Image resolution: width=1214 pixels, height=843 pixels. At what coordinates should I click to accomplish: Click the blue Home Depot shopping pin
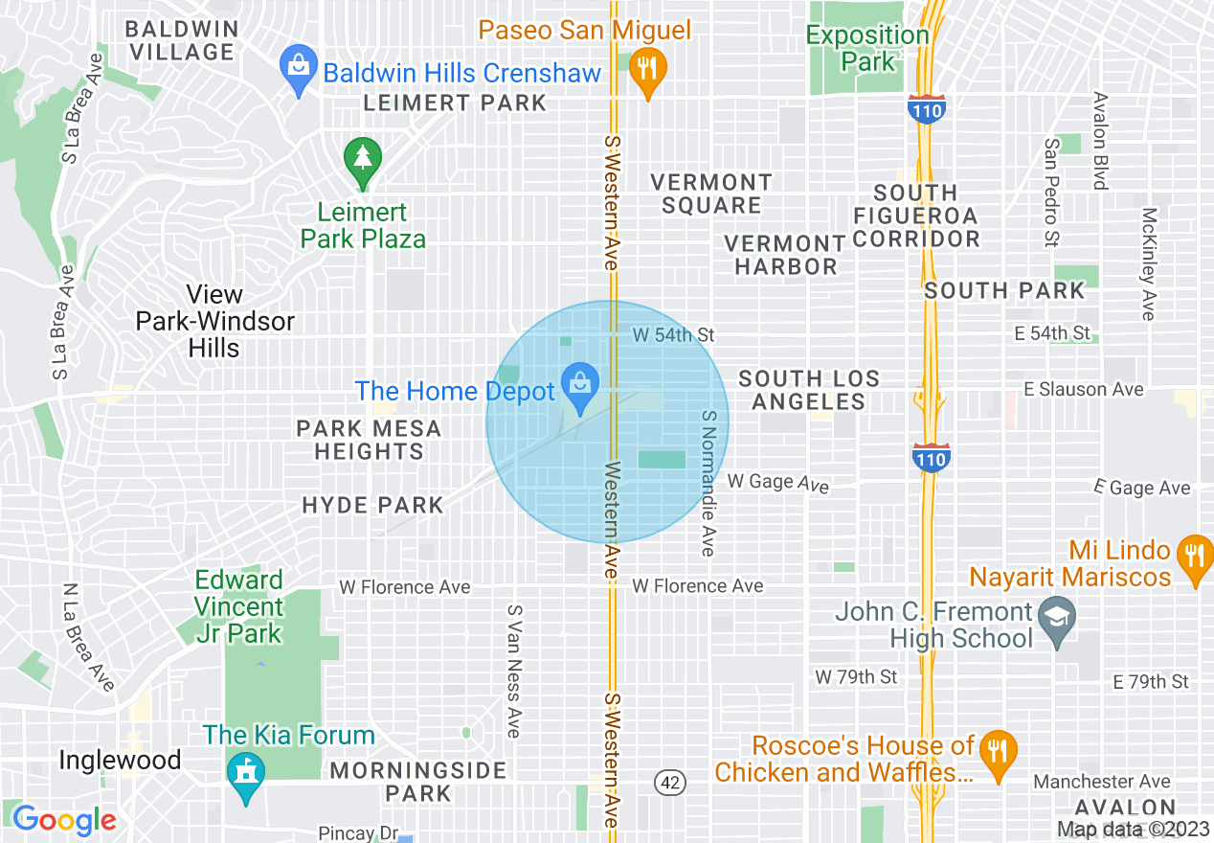pyautogui.click(x=579, y=385)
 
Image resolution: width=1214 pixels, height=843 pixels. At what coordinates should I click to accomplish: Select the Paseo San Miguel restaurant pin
pyautogui.click(x=648, y=71)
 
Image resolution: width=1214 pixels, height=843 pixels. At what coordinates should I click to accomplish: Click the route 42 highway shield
pyautogui.click(x=670, y=782)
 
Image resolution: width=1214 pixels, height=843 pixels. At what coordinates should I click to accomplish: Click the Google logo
pyautogui.click(x=64, y=820)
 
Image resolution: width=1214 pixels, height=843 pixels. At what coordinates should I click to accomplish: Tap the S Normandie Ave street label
pyautogui.click(x=708, y=484)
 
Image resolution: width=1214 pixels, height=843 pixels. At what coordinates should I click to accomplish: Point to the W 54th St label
pyautogui.click(x=674, y=335)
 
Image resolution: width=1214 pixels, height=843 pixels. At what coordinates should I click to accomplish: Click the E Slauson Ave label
pyautogui.click(x=1083, y=389)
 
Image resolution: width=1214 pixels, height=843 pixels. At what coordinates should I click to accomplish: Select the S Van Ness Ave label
pyautogui.click(x=515, y=671)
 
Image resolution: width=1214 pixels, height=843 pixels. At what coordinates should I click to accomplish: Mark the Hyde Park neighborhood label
pyautogui.click(x=372, y=505)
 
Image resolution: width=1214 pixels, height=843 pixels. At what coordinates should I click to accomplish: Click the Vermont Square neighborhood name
pyautogui.click(x=710, y=194)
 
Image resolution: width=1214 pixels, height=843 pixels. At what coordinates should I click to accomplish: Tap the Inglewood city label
pyautogui.click(x=120, y=761)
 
